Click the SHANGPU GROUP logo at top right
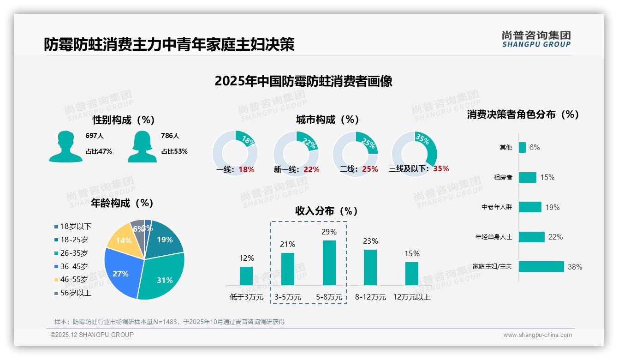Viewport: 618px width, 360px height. point(536,39)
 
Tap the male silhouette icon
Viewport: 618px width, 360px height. point(65,146)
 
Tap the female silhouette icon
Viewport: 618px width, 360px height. point(142,146)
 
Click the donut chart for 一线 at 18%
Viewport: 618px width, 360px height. point(235,153)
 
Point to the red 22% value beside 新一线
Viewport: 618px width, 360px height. point(311,169)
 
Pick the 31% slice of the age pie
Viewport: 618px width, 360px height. point(161,277)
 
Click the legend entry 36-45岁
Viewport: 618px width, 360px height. point(74,266)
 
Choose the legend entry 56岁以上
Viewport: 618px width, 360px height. point(76,293)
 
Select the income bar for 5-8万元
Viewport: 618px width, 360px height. point(329,263)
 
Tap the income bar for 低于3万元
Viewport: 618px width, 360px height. point(246,276)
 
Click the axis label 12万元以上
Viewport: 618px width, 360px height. point(411,297)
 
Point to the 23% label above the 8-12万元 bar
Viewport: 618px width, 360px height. point(370,241)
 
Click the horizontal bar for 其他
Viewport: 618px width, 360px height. point(522,147)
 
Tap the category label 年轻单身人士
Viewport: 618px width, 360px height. point(493,237)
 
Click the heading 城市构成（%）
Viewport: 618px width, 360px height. point(327,120)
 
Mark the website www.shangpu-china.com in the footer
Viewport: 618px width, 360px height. point(537,335)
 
